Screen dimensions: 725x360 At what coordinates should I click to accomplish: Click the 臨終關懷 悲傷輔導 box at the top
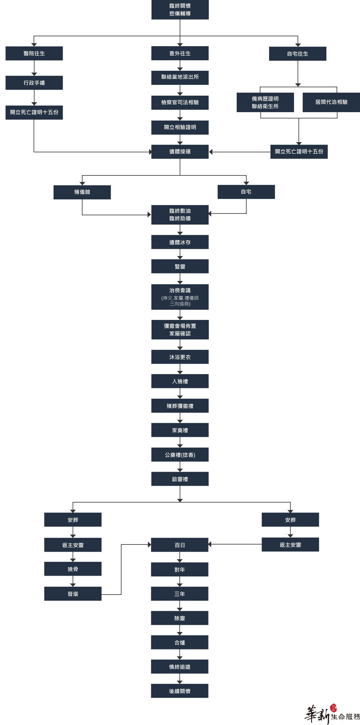coord(180,10)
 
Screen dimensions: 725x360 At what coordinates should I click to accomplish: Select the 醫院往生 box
coord(34,53)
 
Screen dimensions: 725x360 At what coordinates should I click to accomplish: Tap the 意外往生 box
coord(180,53)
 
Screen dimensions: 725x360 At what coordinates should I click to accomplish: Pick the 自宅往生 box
coord(298,54)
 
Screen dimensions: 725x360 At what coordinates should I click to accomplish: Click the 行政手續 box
coord(34,83)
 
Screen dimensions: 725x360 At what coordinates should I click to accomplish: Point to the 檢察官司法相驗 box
coord(180,103)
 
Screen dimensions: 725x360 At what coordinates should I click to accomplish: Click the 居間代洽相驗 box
coord(331,102)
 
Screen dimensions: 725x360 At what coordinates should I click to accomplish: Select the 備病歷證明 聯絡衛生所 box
coord(265,102)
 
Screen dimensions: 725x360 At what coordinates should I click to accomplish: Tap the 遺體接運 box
coord(180,152)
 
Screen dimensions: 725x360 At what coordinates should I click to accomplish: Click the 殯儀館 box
coord(82,192)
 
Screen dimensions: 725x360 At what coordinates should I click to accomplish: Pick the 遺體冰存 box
coord(180,242)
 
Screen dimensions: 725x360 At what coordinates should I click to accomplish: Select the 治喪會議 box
coord(180,297)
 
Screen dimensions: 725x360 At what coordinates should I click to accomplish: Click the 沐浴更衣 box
coord(180,357)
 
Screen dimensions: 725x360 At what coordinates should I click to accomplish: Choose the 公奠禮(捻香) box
coord(180,455)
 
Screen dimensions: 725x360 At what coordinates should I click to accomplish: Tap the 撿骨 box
coord(73,569)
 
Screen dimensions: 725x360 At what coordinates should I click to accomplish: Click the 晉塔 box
coord(73,594)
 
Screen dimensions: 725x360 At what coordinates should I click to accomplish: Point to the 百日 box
coord(180,545)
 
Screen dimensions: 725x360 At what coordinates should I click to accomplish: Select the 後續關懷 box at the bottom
coord(180,691)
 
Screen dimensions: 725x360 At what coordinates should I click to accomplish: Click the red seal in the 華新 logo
coord(333,708)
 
